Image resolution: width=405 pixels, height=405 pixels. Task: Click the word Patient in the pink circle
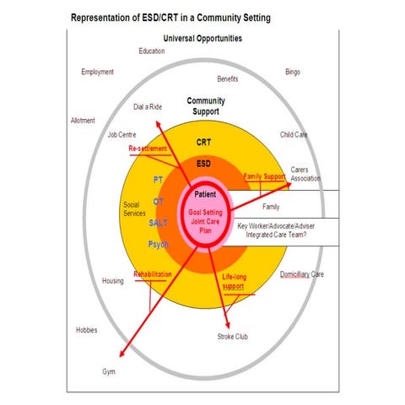(205, 194)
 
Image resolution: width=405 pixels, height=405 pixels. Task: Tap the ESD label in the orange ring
(203, 164)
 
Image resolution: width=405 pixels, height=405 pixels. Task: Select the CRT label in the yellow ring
(203, 143)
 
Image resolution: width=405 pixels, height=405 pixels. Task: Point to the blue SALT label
(158, 223)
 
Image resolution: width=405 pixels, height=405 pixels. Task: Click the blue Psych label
(159, 245)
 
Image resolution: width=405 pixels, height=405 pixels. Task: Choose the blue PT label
(158, 180)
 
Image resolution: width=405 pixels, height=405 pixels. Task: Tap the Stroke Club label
(233, 337)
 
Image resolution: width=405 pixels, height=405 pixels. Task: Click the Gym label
(109, 372)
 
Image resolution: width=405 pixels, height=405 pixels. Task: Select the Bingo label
(293, 72)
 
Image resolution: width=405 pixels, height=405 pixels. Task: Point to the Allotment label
(83, 121)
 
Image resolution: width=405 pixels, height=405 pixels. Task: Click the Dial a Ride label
(148, 107)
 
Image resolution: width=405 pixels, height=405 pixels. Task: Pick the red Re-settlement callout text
(148, 148)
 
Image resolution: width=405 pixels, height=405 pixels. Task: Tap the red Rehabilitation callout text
(153, 274)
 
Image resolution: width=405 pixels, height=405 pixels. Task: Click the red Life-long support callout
(235, 282)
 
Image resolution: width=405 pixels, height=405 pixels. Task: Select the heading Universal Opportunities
(202, 38)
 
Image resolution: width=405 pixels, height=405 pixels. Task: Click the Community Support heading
(206, 106)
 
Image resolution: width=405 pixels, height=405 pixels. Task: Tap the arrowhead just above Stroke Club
(228, 326)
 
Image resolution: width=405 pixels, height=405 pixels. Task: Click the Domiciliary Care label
(302, 274)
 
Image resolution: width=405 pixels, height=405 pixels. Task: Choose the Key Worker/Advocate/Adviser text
(276, 226)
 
